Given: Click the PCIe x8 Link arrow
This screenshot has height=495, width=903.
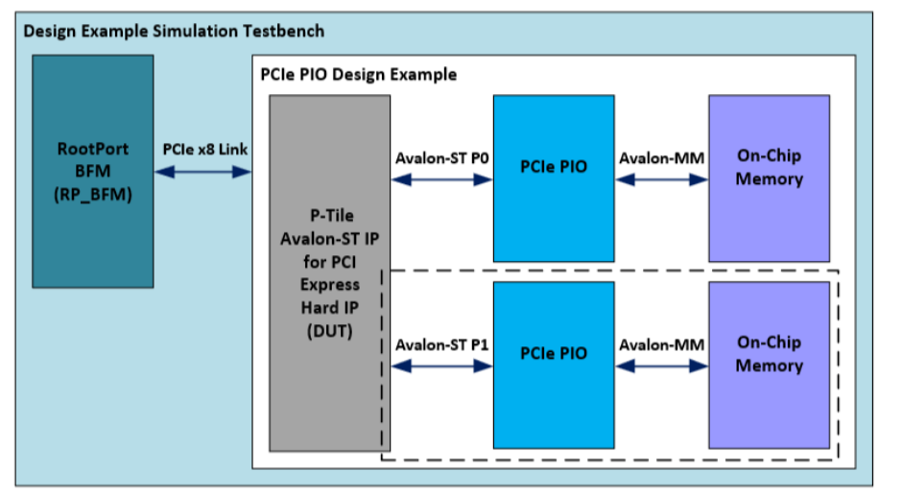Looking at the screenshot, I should [x=202, y=172].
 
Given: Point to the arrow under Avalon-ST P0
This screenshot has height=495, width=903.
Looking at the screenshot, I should [x=441, y=178].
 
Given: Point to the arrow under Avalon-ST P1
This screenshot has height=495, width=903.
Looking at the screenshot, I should [x=441, y=365].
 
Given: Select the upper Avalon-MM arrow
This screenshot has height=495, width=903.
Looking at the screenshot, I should [x=660, y=178].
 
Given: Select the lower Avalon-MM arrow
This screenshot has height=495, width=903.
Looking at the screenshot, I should [x=660, y=365].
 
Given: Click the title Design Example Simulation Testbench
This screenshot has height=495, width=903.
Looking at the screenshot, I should [x=173, y=31].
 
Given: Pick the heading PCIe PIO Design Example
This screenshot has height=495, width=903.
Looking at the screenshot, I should [x=358, y=74].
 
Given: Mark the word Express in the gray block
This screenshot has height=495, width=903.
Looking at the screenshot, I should [x=329, y=284].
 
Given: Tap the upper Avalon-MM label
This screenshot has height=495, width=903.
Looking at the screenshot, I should [x=661, y=157].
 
